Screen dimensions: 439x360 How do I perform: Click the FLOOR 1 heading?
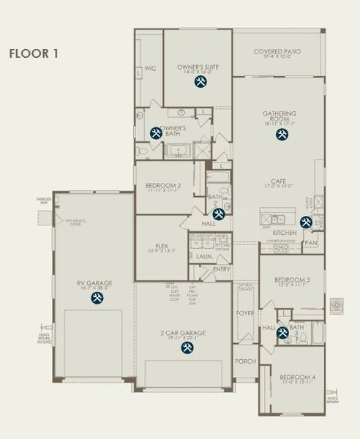click(x=33, y=53)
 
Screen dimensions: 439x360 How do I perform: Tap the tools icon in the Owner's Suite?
click(x=200, y=83)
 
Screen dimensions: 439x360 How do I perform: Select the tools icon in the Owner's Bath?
click(x=155, y=133)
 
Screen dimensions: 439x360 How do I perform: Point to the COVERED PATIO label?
click(x=277, y=52)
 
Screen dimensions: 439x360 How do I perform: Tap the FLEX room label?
click(x=162, y=246)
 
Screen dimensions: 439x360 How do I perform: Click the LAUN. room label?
click(x=203, y=257)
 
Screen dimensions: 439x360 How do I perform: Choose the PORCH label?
click(x=244, y=362)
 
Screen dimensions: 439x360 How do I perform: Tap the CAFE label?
click(x=278, y=181)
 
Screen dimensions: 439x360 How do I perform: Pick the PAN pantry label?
click(x=311, y=242)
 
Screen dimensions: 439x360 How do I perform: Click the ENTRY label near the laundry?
click(x=221, y=269)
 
